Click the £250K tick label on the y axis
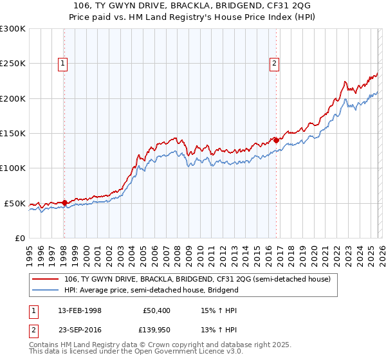pyautogui.click(x=13, y=64)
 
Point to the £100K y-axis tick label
pyautogui.click(x=13, y=168)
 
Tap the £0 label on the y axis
pyautogui.click(x=20, y=238)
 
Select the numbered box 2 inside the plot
pyautogui.click(x=275, y=63)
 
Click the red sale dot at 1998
pyautogui.click(x=64, y=203)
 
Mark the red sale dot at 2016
pyautogui.click(x=276, y=139)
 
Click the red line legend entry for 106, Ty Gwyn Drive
pyautogui.click(x=197, y=280)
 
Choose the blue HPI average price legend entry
pyautogui.click(x=151, y=290)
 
